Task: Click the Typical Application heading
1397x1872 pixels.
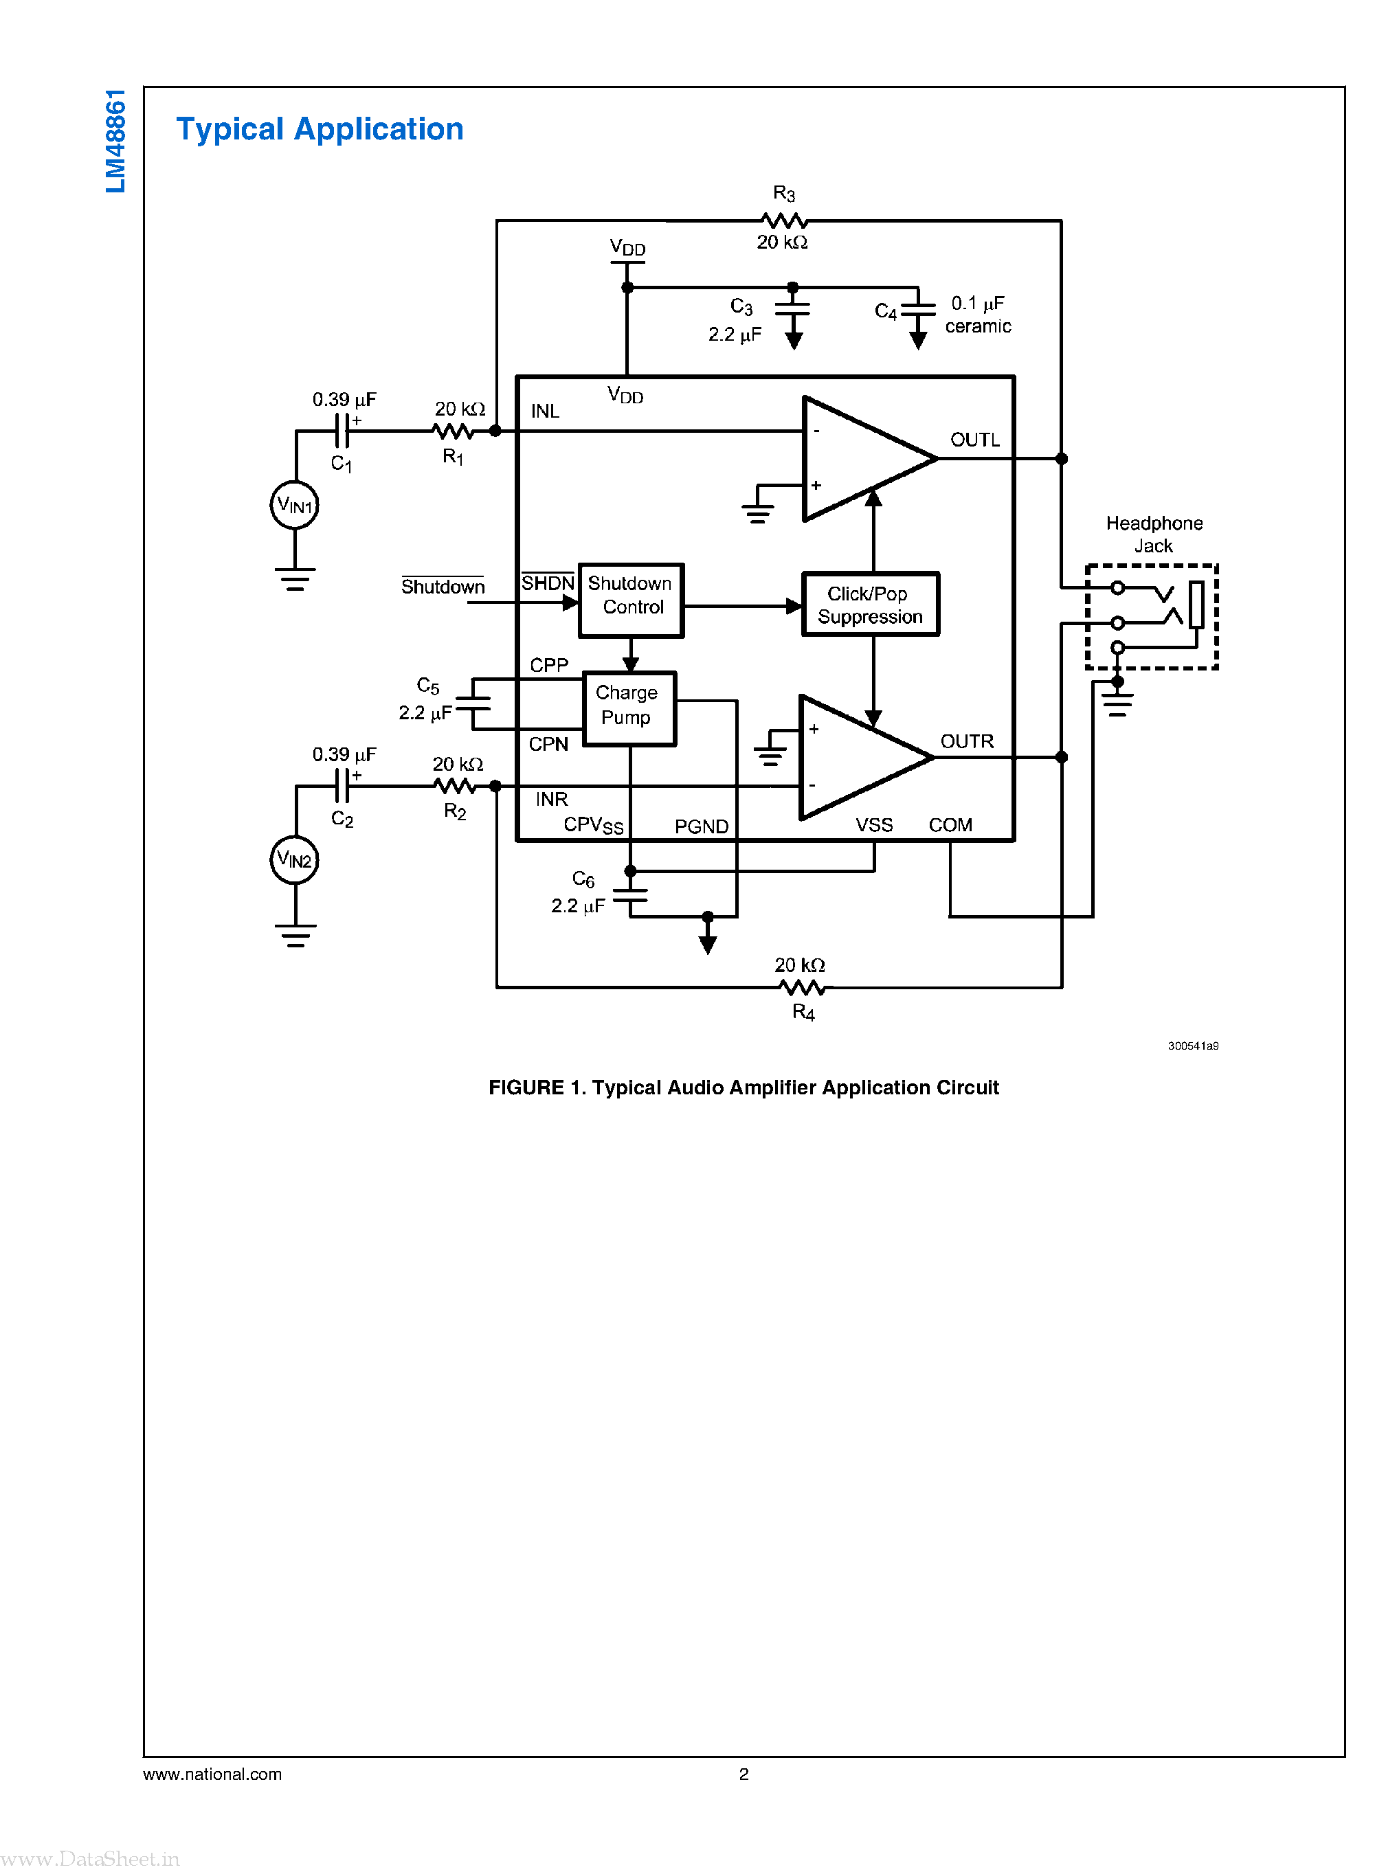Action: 320,129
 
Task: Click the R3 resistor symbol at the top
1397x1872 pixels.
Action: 784,221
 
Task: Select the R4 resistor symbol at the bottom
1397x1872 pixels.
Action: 802,986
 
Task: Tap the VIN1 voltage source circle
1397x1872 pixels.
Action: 294,506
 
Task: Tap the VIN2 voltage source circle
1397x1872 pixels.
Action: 294,860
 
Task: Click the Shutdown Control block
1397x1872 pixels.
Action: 631,600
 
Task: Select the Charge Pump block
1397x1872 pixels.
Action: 629,708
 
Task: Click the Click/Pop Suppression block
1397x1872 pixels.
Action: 870,605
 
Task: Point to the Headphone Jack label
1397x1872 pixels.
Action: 1154,534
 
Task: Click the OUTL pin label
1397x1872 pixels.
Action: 974,440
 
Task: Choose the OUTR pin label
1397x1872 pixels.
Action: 967,741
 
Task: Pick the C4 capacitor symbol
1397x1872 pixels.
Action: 917,311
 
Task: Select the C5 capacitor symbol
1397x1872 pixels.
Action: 473,703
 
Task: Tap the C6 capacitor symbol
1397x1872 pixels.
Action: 630,895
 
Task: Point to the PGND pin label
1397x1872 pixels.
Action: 701,826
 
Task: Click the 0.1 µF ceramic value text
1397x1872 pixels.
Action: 978,315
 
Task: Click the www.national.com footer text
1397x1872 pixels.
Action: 212,1774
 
